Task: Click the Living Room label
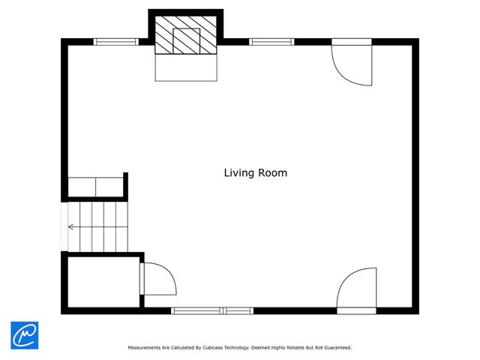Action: [x=256, y=173]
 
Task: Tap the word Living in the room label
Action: [x=239, y=173]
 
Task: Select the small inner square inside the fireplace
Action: [x=187, y=41]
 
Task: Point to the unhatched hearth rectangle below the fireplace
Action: [x=186, y=67]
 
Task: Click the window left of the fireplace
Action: [x=116, y=42]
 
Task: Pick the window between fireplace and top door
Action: [x=271, y=42]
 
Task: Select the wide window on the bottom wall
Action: [x=212, y=311]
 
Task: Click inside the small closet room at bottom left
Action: [x=103, y=282]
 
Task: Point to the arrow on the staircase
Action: [x=97, y=226]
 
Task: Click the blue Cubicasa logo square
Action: [x=25, y=335]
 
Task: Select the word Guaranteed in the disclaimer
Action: [x=338, y=348]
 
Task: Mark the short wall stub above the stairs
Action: [x=125, y=185]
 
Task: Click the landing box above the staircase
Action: [x=95, y=187]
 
